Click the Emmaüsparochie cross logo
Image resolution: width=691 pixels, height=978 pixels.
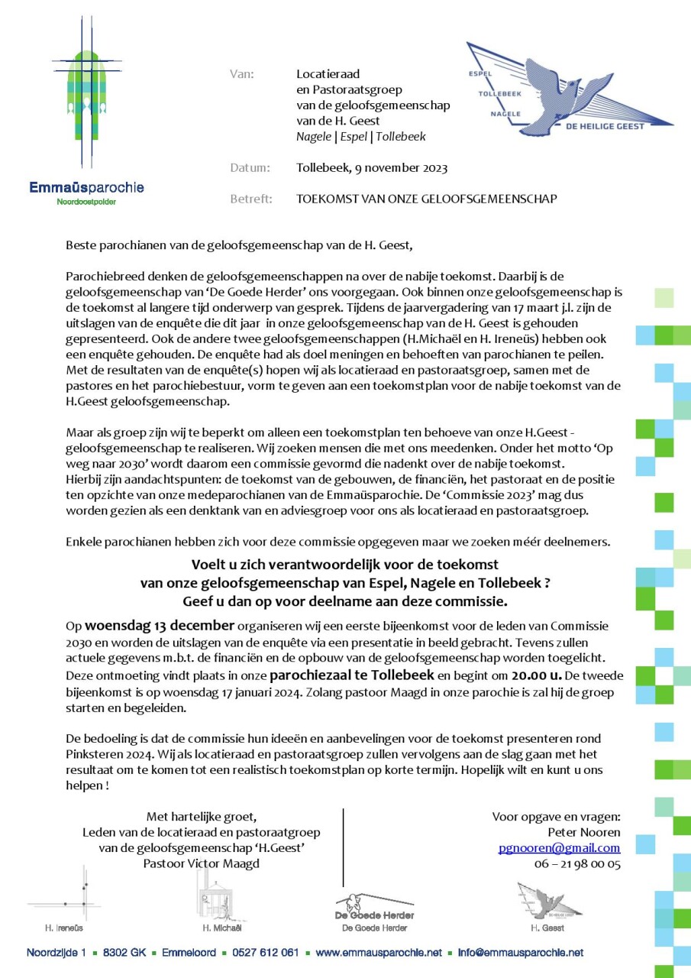[x=86, y=96]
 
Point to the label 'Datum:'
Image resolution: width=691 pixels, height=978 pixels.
[x=250, y=168]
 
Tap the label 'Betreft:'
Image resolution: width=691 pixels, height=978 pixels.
[x=250, y=199]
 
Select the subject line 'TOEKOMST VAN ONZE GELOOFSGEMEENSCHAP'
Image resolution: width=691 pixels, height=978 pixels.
[x=427, y=199]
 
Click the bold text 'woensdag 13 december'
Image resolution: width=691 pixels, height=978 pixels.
[x=144, y=625]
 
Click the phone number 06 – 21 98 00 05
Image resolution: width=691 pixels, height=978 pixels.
[x=577, y=864]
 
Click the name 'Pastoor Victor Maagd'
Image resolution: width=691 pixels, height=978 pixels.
[x=202, y=863]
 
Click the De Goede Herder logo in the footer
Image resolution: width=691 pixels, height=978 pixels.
[x=374, y=905]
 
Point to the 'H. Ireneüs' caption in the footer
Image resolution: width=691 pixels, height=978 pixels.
[x=63, y=928]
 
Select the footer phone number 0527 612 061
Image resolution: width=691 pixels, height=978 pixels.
[x=264, y=953]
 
